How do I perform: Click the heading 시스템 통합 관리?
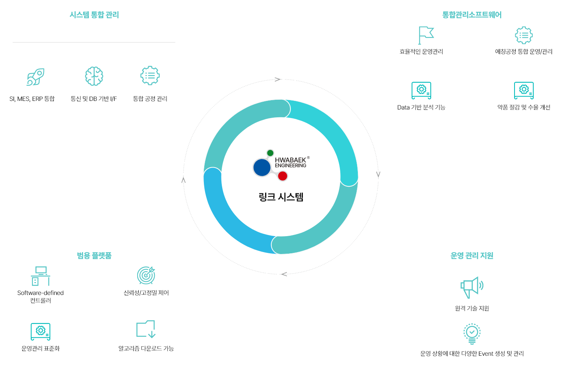coord(94,15)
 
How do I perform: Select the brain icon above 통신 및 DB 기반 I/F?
coord(94,76)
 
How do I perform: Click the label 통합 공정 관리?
coord(150,99)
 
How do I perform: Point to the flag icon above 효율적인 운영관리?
coord(425,35)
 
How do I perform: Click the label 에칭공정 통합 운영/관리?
coord(524,51)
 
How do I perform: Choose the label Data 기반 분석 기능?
coord(421,107)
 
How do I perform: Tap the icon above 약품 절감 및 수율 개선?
coord(524,90)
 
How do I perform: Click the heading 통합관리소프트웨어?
coord(472,15)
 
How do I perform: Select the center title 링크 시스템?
coord(281,197)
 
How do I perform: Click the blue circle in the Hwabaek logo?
coord(262,168)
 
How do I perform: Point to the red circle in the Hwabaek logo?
coord(283,176)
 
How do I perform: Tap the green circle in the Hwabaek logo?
coord(270,153)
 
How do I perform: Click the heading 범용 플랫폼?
coord(94,256)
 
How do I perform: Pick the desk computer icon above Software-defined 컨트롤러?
coord(41,276)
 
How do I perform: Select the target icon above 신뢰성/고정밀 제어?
coord(146,275)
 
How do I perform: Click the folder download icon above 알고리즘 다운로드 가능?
coord(146,329)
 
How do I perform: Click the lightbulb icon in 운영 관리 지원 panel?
coord(472,334)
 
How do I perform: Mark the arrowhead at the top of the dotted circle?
coord(278,79)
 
